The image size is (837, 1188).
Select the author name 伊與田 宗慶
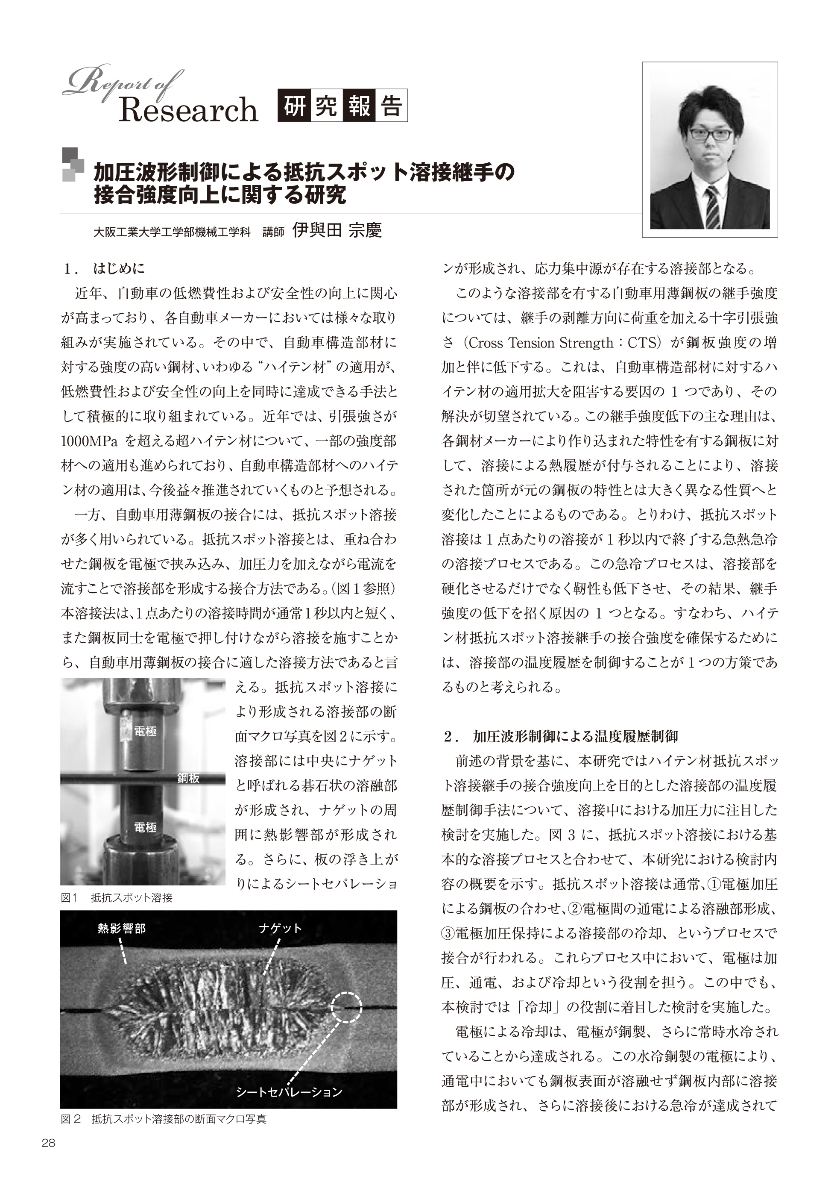337,230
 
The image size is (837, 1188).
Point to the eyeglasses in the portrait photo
711,133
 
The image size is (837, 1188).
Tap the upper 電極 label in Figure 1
145,732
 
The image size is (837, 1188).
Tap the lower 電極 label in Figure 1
145,827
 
